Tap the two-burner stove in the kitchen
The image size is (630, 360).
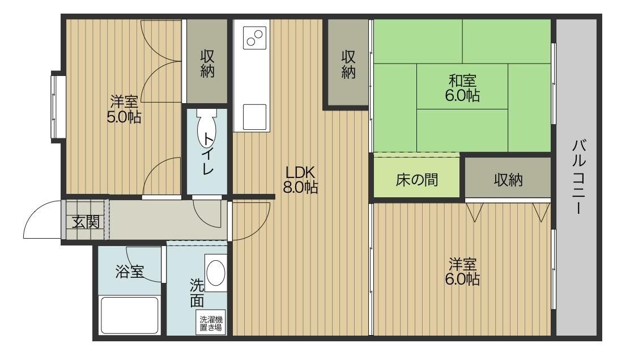click(x=254, y=38)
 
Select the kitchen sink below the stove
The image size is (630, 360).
click(x=254, y=117)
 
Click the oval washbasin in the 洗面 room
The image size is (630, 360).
click(x=215, y=273)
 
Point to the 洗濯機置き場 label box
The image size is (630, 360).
click(x=210, y=324)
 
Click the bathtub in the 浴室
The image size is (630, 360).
click(x=129, y=315)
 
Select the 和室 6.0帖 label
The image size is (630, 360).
click(x=462, y=88)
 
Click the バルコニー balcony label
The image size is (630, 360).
click(x=578, y=176)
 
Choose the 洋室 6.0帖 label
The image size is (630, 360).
click(x=462, y=272)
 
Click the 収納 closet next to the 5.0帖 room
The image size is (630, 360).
click(x=207, y=63)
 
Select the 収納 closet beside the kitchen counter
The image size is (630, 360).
click(x=347, y=64)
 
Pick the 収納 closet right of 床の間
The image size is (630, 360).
click(x=508, y=180)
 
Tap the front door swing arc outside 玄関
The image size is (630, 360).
click(x=41, y=221)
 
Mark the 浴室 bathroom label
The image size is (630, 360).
click(x=129, y=272)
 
